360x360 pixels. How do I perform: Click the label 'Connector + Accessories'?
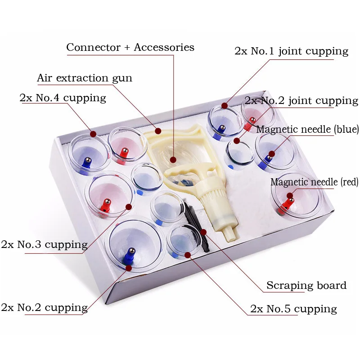(x=130, y=47)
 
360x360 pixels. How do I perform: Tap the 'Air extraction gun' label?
(x=85, y=78)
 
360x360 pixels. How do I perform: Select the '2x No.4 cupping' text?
(x=63, y=98)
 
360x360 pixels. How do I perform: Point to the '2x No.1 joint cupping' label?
(x=291, y=51)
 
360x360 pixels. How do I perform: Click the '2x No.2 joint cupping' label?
(x=301, y=100)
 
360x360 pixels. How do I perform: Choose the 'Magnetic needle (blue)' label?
(x=307, y=130)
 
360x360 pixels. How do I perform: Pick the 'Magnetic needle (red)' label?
(x=314, y=182)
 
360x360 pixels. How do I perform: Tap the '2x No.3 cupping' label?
(x=44, y=245)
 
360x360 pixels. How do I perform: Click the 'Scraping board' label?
(x=306, y=285)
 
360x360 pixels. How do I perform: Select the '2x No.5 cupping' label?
(x=293, y=309)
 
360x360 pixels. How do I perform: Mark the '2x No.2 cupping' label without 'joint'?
(x=44, y=308)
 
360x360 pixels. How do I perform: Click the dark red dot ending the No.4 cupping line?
(x=93, y=134)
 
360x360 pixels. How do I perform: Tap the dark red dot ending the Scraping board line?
(x=203, y=232)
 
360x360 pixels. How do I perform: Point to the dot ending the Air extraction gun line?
(x=158, y=131)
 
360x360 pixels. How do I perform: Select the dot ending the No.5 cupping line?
(x=188, y=255)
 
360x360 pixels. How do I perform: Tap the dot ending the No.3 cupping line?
(x=129, y=207)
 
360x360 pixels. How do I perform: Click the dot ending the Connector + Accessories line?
(x=173, y=159)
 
